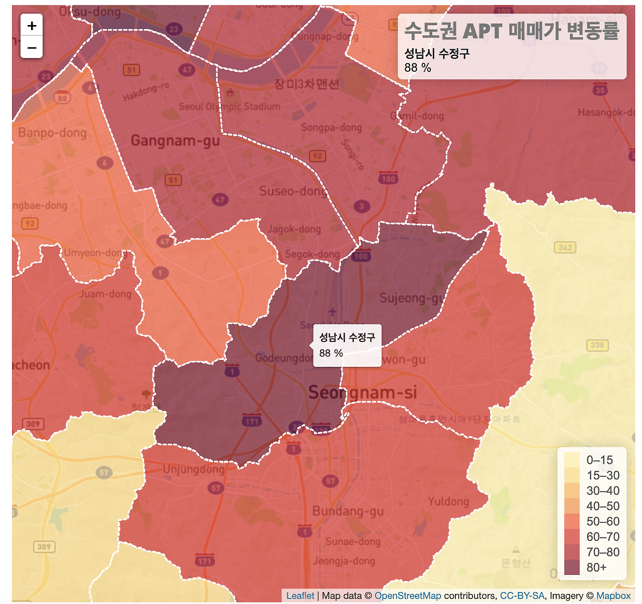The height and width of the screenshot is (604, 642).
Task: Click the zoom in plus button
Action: tap(32, 26)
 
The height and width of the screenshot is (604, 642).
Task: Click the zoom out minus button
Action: tap(32, 48)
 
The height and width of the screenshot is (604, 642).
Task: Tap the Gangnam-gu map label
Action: tap(175, 141)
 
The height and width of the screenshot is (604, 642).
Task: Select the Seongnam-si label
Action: tap(362, 392)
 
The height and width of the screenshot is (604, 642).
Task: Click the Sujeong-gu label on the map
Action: tap(412, 298)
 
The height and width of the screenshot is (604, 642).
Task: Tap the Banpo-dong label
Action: tap(52, 133)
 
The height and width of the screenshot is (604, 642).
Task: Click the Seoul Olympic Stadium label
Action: tap(229, 107)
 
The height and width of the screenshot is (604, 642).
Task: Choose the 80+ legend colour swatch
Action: tap(572, 567)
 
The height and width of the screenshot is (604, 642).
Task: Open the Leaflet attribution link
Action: tap(300, 596)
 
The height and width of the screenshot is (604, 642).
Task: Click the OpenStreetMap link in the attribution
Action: tap(407, 596)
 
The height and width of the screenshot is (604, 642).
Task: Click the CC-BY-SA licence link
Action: tap(522, 596)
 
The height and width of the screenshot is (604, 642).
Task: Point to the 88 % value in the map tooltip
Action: tap(331, 353)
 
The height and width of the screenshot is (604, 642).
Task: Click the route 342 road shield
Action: tap(565, 247)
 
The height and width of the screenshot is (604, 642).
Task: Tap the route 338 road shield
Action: tap(597, 345)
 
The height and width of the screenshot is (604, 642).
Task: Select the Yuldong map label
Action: tap(448, 502)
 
